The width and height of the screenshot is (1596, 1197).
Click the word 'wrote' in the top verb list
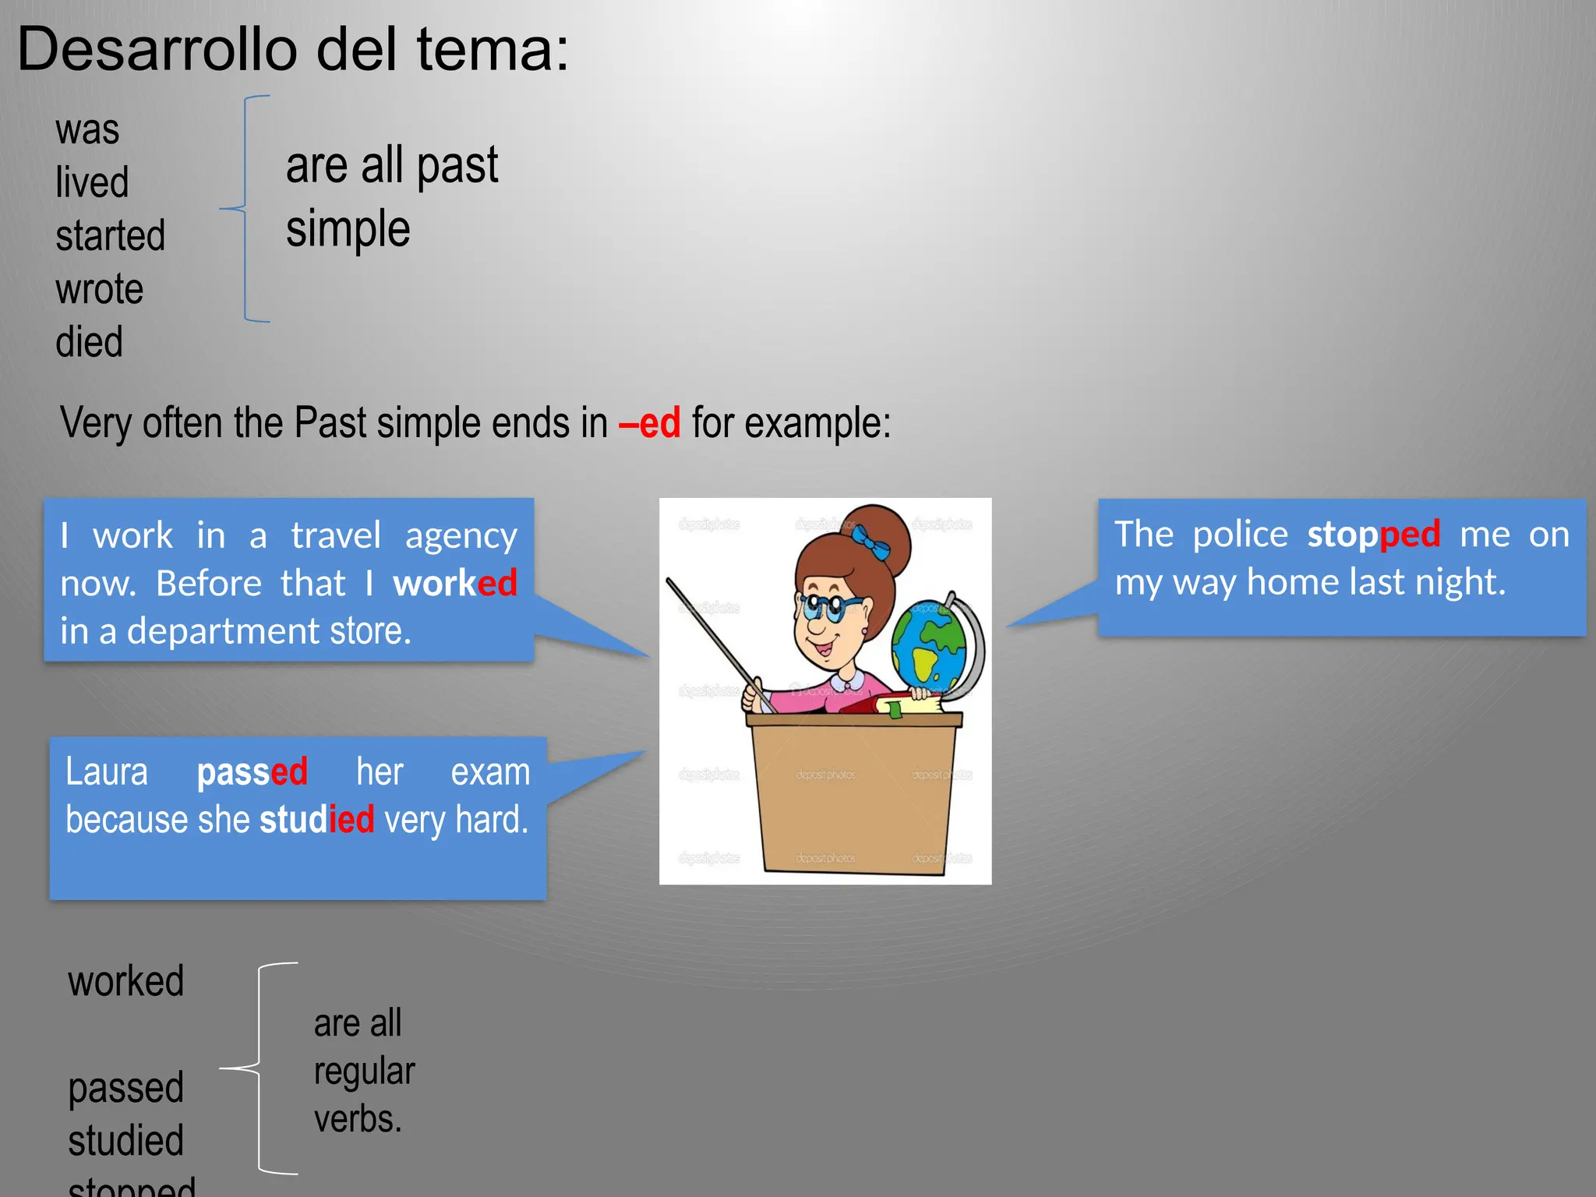[100, 289]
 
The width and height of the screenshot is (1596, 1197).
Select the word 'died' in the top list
[90, 342]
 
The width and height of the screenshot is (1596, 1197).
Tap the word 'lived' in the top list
[92, 182]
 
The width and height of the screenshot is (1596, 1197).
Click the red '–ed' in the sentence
[650, 423]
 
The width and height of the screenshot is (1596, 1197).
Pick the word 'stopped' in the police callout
[1373, 535]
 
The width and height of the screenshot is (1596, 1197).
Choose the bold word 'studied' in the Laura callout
[316, 820]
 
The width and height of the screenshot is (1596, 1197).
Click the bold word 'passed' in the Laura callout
[252, 772]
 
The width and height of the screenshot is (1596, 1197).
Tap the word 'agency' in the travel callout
[461, 536]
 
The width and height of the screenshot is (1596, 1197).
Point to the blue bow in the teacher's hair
[870, 541]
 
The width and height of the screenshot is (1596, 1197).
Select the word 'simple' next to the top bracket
[348, 229]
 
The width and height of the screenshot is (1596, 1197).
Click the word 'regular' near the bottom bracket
[364, 1072]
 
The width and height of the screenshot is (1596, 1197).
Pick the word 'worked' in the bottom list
[126, 980]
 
